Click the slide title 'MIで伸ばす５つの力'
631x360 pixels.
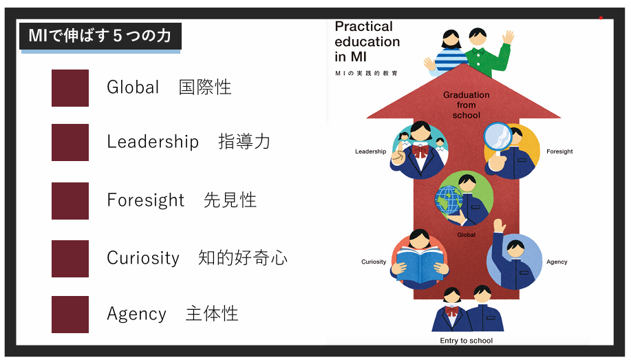click(x=100, y=36)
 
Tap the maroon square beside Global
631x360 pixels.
click(x=70, y=88)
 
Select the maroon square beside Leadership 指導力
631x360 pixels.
click(x=70, y=142)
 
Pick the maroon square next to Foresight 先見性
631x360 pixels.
click(x=70, y=201)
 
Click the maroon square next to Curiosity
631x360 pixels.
click(x=70, y=259)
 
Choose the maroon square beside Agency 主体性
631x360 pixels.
click(x=70, y=315)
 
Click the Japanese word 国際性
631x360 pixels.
click(x=205, y=87)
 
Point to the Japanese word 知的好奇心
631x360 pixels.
click(x=243, y=257)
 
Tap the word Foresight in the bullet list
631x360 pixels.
click(x=146, y=200)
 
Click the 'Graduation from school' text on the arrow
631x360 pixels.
click(x=467, y=105)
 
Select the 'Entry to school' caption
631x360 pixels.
click(x=466, y=341)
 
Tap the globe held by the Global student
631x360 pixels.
click(x=449, y=200)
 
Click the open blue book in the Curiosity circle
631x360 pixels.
click(x=419, y=264)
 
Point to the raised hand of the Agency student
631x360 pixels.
click(x=500, y=226)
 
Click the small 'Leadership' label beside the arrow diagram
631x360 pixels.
click(x=371, y=151)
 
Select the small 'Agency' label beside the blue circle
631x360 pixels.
click(x=557, y=262)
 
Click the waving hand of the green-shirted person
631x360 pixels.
click(x=509, y=37)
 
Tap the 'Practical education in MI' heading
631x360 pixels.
click(x=367, y=41)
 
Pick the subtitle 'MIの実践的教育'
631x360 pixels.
click(x=366, y=73)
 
